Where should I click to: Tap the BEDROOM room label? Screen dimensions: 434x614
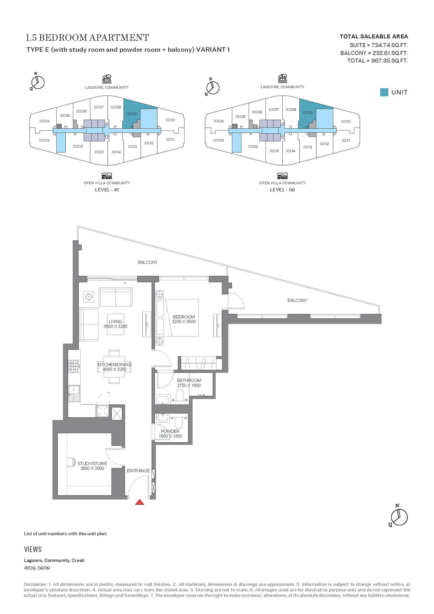(184, 317)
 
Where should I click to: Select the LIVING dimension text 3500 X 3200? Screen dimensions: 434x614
(115, 326)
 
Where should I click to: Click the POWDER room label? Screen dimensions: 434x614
(170, 431)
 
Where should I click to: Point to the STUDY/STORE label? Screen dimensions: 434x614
(92, 463)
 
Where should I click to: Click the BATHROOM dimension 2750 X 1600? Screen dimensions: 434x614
(189, 385)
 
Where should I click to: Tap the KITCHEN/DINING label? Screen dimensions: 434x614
(114, 364)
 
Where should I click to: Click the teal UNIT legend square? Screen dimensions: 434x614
(384, 92)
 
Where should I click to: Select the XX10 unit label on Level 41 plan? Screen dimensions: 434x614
(170, 120)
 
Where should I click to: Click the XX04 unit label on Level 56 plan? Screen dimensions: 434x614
(218, 121)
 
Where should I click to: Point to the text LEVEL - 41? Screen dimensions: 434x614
(107, 190)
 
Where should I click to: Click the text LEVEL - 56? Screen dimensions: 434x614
(282, 190)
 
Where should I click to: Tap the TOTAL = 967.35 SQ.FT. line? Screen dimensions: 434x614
(378, 61)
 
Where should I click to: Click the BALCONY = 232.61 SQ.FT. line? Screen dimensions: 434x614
(374, 53)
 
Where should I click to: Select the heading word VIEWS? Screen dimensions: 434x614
(33, 549)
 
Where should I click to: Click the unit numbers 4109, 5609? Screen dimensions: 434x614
(37, 568)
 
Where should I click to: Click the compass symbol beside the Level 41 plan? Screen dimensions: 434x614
(37, 81)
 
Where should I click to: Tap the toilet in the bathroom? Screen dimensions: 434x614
(180, 395)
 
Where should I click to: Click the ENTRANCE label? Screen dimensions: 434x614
(138, 470)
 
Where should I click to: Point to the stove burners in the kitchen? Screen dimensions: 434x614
(74, 366)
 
